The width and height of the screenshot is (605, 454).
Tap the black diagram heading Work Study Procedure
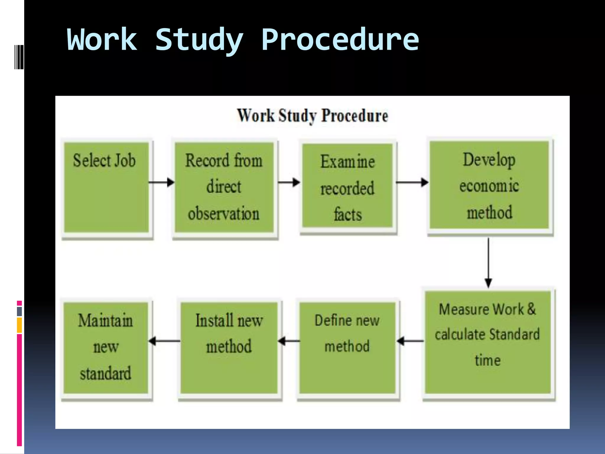point(312,116)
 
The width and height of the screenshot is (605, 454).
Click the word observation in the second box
point(224,213)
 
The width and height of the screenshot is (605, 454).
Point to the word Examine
point(347,162)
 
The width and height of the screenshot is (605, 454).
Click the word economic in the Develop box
point(489,186)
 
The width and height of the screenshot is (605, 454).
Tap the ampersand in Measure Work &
point(531,309)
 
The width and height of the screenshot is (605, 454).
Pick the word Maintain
point(105,320)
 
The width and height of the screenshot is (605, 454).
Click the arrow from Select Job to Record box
point(161,182)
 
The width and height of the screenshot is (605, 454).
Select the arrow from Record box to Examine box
point(289,182)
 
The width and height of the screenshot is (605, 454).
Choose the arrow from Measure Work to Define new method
point(411,341)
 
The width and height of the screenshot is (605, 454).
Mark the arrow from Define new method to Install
point(289,341)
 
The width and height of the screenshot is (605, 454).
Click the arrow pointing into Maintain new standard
point(164,341)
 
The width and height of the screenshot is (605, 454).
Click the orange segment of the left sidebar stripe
point(19,325)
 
